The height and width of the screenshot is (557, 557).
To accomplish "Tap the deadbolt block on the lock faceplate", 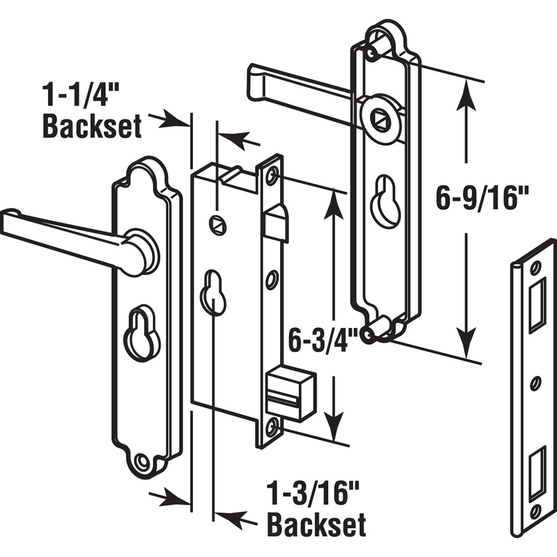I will pyautogui.click(x=289, y=393).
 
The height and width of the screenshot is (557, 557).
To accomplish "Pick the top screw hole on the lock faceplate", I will pyautogui.click(x=272, y=177).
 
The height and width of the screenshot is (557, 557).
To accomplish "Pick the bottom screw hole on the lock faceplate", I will pyautogui.click(x=272, y=428).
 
